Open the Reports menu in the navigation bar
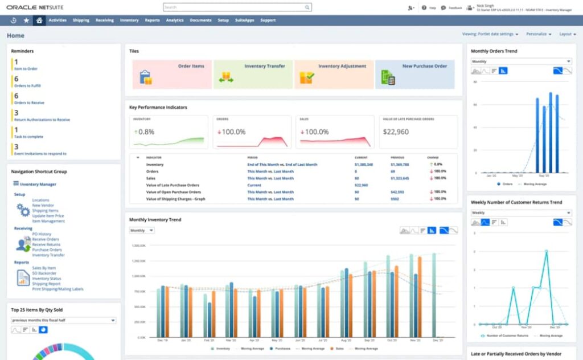152,20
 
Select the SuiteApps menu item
244,20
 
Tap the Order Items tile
172,74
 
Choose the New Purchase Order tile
414,74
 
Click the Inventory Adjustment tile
334,74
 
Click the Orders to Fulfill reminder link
27,85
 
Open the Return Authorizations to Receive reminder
42,120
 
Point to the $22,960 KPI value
396,132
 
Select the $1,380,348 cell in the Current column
363,165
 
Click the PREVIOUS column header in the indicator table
397,157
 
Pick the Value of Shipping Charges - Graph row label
175,199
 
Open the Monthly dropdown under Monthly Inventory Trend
142,231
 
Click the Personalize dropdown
539,34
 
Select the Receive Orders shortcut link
46,239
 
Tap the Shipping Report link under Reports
46,284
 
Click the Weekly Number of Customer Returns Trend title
516,202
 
